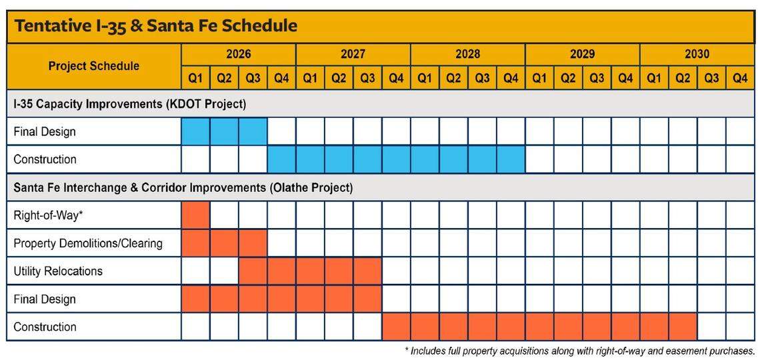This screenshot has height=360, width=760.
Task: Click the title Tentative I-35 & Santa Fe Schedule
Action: (155, 26)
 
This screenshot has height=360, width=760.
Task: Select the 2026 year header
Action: (238, 54)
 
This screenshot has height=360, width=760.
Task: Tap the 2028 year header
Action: (467, 54)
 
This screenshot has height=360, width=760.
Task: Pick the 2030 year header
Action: (697, 54)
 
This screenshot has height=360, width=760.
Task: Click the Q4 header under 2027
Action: (396, 78)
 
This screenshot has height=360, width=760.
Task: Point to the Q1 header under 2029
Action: (539, 78)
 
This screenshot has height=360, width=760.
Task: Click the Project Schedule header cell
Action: (94, 66)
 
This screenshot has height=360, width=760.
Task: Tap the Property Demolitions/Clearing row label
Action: (88, 243)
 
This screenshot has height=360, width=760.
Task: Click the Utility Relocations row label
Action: (58, 271)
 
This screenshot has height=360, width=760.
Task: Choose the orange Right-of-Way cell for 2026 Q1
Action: (195, 215)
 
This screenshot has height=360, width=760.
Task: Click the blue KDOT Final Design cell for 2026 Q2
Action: (224, 131)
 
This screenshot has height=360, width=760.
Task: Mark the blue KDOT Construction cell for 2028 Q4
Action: (511, 159)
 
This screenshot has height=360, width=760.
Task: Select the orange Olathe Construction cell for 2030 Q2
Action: (683, 327)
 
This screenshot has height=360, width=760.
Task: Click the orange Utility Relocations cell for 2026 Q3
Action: (253, 271)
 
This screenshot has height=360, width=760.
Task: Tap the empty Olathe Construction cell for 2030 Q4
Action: (740, 327)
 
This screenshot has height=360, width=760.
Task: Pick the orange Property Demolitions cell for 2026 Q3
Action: (253, 243)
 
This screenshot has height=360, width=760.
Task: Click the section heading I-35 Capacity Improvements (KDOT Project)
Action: (130, 104)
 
